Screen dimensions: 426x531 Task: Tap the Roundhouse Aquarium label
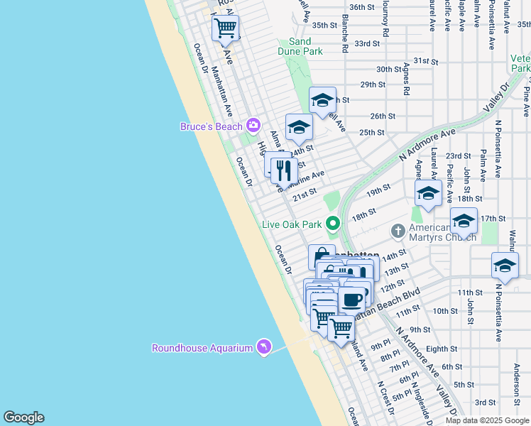[202, 348]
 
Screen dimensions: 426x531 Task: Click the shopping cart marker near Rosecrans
[225, 29]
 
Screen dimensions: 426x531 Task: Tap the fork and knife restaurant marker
[283, 170]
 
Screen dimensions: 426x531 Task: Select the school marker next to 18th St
[428, 193]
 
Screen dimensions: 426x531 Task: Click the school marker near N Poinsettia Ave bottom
[505, 266]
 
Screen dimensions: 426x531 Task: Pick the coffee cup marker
[351, 300]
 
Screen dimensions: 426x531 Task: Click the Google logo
[23, 417]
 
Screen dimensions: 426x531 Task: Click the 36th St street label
[361, 7]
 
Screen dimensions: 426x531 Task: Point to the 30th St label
[390, 70]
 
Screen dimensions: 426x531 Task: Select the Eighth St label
[442, 349]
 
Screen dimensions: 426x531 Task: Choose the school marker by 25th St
[299, 128]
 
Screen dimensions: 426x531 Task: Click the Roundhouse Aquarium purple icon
[264, 346]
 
